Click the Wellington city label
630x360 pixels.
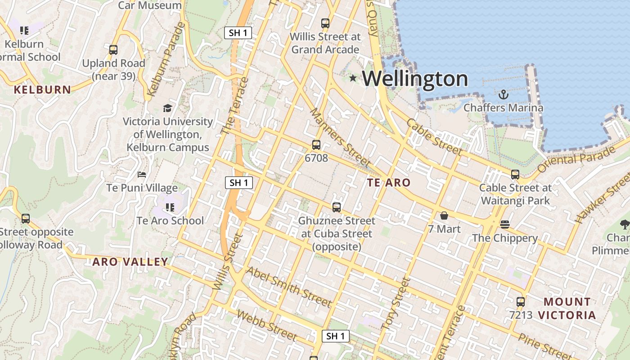415,79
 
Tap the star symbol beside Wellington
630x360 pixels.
353,78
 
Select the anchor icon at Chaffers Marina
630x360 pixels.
504,94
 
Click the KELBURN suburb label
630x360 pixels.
42,90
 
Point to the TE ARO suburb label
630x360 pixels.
389,182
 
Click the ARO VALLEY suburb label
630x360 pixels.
130,262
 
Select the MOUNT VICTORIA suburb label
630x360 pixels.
567,308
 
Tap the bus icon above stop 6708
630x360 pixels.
316,145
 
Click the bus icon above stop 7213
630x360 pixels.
521,302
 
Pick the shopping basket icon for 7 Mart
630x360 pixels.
444,216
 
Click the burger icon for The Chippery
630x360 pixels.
504,225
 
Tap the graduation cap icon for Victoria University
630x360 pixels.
167,108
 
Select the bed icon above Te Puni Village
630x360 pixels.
142,175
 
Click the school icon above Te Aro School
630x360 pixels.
170,207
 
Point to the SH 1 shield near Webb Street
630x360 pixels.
335,336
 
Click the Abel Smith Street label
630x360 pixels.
289,287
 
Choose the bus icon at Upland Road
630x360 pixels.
113,50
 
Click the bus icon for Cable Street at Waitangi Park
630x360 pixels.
515,175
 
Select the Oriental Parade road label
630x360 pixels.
576,160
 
